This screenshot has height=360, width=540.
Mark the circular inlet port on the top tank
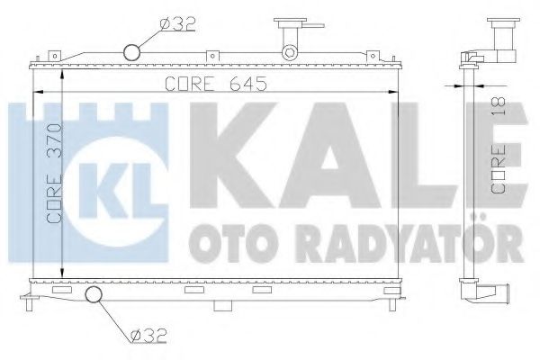pyautogui.click(x=132, y=52)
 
